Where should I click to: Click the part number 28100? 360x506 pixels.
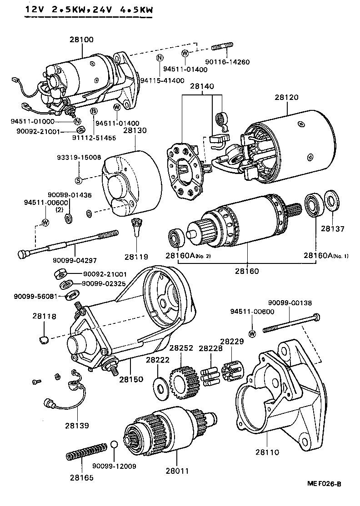[82, 40]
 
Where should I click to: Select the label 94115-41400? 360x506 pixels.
[162, 80]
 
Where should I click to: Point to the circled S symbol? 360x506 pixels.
[78, 180]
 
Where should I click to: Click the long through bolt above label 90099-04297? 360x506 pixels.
[68, 244]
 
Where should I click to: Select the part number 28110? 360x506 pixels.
[267, 452]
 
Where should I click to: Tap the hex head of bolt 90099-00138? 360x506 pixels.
[317, 316]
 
